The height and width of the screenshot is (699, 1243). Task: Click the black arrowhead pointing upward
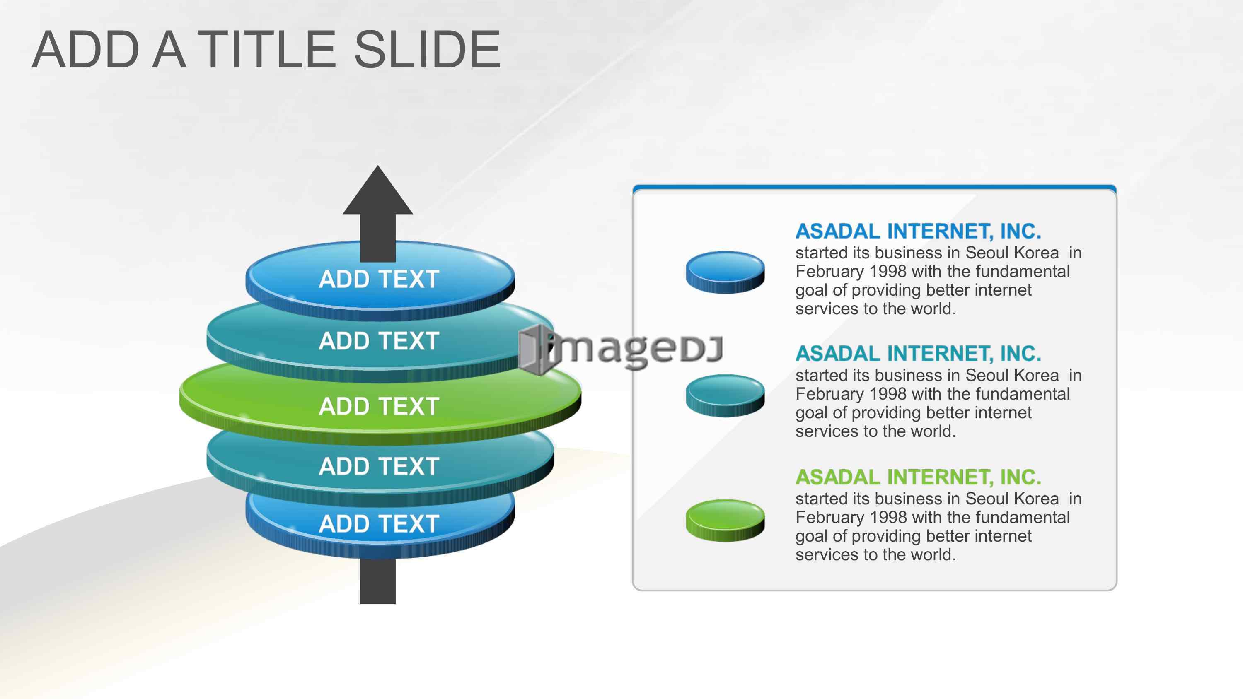pos(378,193)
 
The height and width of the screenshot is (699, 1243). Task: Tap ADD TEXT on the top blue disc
pos(379,280)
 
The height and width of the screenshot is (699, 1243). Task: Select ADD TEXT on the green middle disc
pos(379,406)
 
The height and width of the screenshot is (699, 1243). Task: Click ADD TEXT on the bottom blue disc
pos(379,524)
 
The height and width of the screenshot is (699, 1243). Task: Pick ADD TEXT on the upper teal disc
pos(379,341)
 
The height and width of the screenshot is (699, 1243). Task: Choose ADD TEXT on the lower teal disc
pos(379,466)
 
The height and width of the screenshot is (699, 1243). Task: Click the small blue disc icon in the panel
pos(725,272)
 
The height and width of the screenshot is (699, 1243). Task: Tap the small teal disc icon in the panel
pos(725,395)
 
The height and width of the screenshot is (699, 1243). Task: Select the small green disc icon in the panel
pos(725,520)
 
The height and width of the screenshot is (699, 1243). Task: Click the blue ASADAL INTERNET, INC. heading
pos(918,231)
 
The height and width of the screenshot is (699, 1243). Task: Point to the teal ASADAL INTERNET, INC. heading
pos(918,354)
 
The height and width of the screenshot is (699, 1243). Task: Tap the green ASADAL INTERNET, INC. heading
pos(918,477)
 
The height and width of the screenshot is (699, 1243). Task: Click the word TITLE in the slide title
pos(267,49)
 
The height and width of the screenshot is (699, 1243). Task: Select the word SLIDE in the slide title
pos(428,49)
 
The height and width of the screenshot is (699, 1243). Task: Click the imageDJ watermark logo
pos(621,348)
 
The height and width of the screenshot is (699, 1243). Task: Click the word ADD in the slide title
pos(86,49)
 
